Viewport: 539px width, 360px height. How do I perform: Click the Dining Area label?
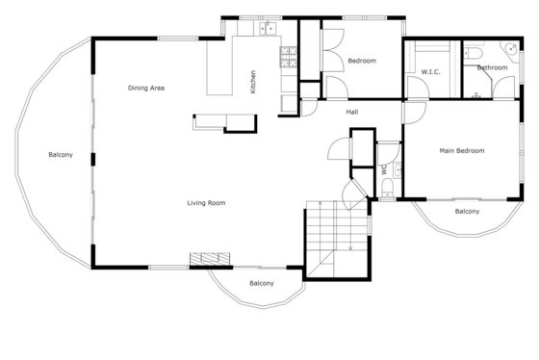point(146,88)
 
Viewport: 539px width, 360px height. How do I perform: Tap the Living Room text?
point(206,203)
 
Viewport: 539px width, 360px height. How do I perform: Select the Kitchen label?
point(253,82)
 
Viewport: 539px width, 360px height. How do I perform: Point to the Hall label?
point(352,112)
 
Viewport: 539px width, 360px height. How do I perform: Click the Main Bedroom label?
point(462,150)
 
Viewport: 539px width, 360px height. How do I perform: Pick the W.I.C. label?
point(430,72)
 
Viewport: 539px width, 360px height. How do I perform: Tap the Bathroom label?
point(492,67)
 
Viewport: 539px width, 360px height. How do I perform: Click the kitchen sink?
point(268,29)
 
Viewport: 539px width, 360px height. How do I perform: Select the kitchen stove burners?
point(288,57)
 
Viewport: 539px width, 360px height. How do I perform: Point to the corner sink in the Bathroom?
point(511,51)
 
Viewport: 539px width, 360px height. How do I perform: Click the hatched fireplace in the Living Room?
point(210,259)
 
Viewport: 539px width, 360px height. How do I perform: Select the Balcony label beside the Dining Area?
point(61,155)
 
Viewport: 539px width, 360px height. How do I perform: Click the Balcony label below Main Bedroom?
point(467,211)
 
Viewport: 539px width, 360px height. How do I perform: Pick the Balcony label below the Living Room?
point(262,283)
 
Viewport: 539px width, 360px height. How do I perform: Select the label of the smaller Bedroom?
point(362,61)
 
